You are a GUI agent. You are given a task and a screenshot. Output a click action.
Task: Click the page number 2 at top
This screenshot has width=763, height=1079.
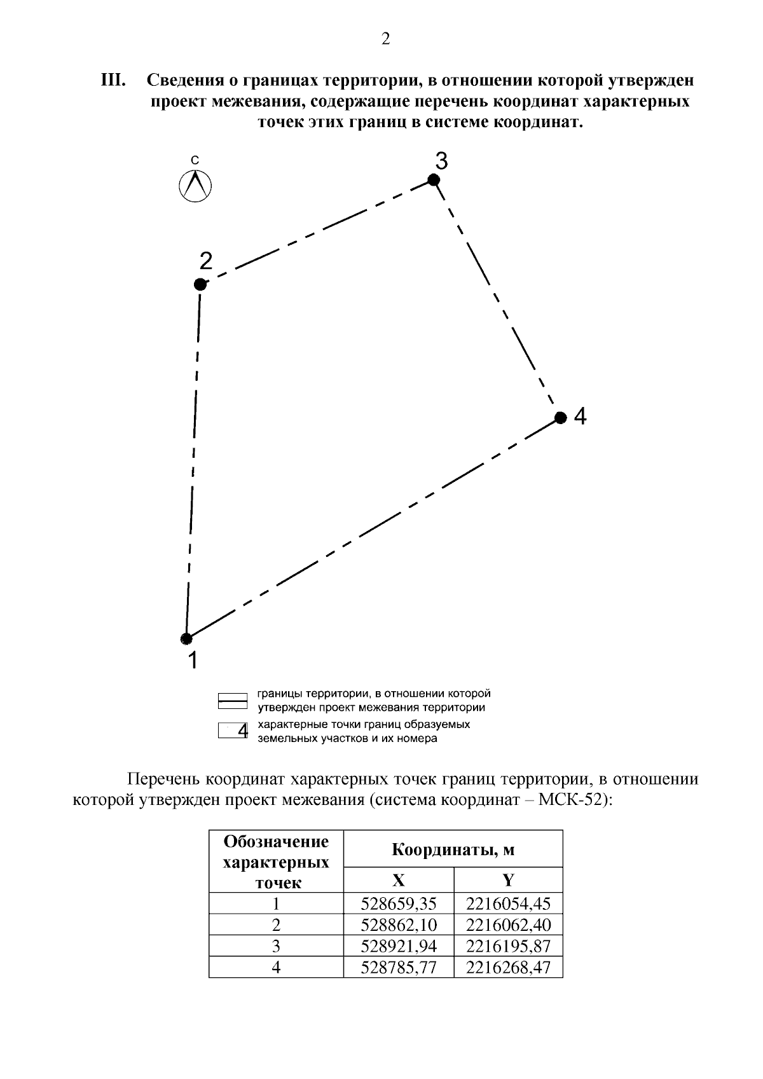385,39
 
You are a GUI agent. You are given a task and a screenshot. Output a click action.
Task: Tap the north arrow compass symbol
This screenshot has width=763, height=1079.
195,186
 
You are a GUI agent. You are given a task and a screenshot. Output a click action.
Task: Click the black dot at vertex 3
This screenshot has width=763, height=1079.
434,180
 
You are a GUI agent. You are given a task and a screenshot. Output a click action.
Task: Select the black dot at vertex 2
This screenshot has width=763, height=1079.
200,284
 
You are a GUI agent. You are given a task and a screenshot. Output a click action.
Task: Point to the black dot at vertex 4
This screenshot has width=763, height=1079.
560,418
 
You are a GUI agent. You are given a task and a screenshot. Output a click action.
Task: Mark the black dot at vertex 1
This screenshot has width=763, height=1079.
186,638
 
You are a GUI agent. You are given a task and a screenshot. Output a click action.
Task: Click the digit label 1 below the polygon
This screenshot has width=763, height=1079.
192,661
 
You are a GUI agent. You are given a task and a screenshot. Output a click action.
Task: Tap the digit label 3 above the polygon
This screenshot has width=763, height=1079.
441,161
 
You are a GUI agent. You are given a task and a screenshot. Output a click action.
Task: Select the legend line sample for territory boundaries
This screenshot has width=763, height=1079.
232,701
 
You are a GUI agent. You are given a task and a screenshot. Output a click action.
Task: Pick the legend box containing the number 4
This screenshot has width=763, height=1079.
233,731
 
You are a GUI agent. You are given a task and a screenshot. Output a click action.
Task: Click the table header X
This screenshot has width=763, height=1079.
398,880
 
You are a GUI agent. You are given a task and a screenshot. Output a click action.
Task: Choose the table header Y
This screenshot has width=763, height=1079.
508,880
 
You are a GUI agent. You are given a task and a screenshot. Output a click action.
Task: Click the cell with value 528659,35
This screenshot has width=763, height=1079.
399,904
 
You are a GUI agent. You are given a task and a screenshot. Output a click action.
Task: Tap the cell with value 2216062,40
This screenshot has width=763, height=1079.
508,924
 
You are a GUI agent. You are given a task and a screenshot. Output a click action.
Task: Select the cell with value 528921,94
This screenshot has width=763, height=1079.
399,946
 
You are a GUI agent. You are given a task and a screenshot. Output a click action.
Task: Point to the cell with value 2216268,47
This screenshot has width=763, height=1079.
508,968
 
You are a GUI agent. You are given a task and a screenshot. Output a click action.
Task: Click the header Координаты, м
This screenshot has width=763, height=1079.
453,849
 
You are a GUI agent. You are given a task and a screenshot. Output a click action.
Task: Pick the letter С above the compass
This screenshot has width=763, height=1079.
195,160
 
